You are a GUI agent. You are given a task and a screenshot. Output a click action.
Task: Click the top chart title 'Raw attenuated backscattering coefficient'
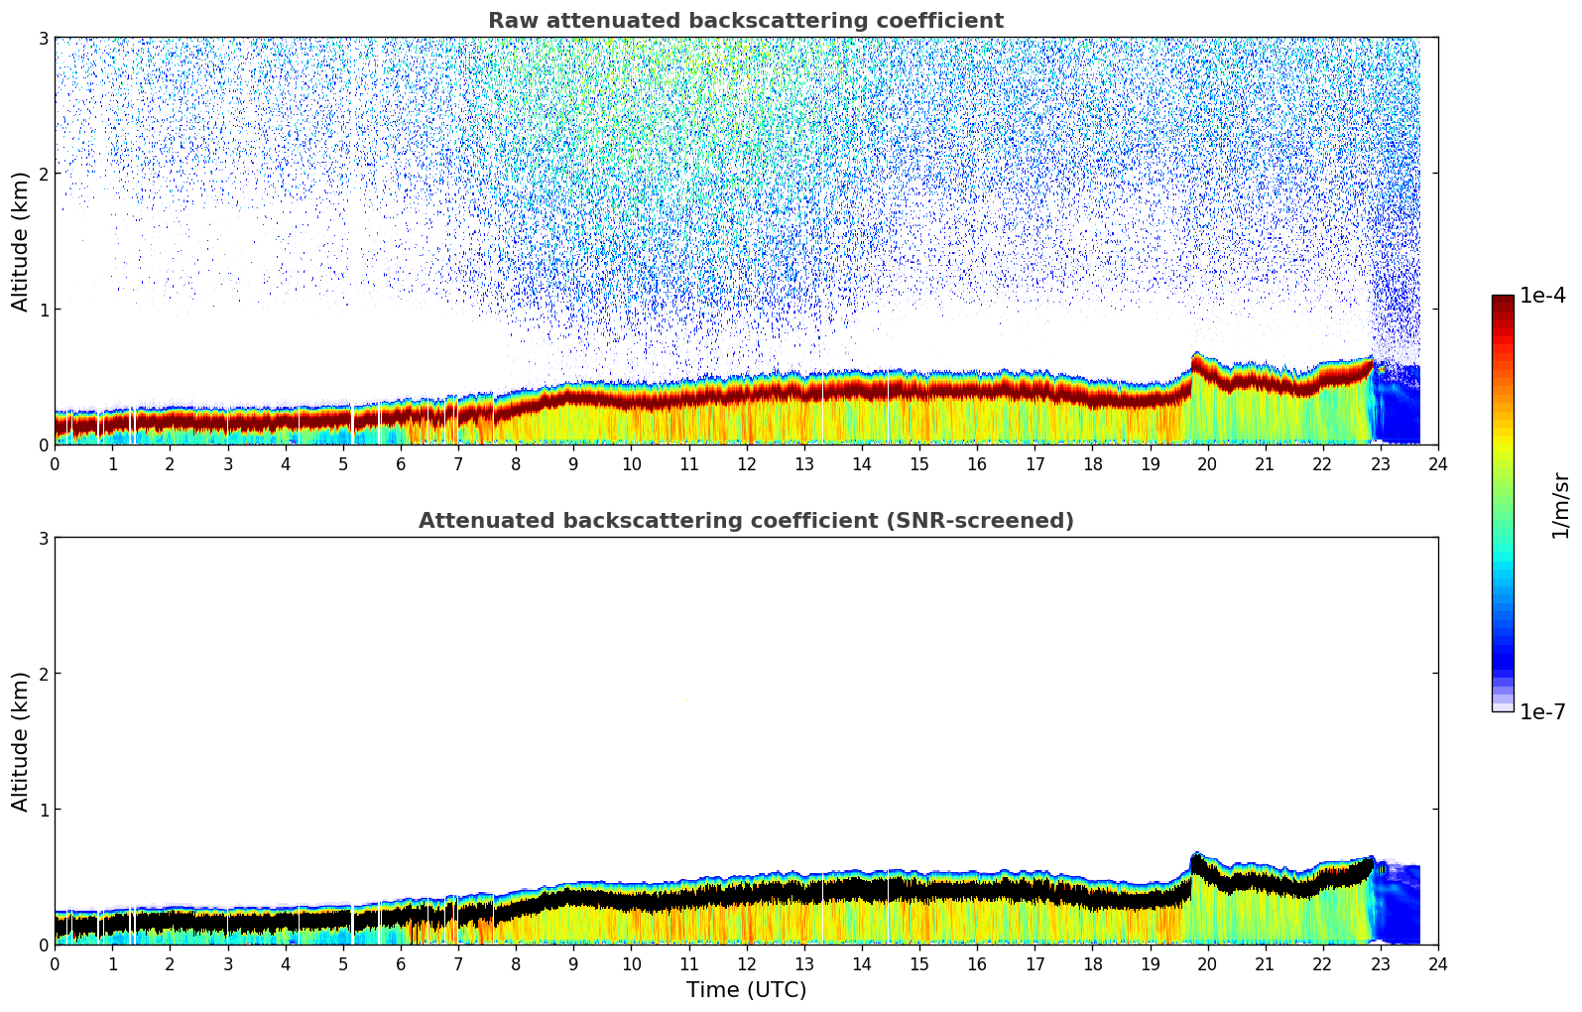click(x=745, y=21)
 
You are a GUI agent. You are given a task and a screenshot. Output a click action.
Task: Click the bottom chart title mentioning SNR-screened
click(x=745, y=521)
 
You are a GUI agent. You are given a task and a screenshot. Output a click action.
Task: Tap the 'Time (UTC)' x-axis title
click(x=746, y=990)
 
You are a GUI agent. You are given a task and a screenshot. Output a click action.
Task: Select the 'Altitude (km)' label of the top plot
click(x=21, y=241)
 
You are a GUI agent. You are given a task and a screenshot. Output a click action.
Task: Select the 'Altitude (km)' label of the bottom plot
click(x=21, y=741)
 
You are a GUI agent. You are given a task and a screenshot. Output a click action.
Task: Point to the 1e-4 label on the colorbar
click(x=1542, y=296)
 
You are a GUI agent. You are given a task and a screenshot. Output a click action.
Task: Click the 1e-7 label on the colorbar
click(x=1542, y=711)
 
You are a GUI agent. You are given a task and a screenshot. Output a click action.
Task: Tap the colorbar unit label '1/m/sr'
click(x=1560, y=505)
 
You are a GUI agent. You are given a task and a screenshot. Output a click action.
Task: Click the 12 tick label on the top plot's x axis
click(x=746, y=464)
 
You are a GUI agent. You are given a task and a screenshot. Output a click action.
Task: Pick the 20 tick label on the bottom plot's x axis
click(x=1207, y=964)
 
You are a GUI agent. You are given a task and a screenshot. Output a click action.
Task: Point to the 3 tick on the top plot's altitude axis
click(x=44, y=38)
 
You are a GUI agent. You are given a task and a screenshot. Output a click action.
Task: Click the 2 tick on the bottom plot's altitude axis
click(x=44, y=674)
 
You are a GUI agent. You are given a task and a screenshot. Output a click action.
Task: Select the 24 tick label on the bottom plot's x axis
click(x=1437, y=964)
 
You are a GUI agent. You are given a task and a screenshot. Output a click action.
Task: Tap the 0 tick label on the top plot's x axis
click(x=55, y=464)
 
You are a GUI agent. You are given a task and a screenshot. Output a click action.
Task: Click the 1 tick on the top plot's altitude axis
click(x=44, y=310)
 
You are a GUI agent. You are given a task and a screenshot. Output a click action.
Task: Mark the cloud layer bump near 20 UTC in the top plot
click(x=1198, y=364)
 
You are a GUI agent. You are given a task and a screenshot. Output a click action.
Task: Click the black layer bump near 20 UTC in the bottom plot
click(x=1198, y=865)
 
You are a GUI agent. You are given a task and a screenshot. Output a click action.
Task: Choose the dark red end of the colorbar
click(x=1502, y=301)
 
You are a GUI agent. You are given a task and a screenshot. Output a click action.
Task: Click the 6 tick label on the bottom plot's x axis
click(x=401, y=964)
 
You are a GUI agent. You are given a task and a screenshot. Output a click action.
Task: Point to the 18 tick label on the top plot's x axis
click(x=1092, y=464)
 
